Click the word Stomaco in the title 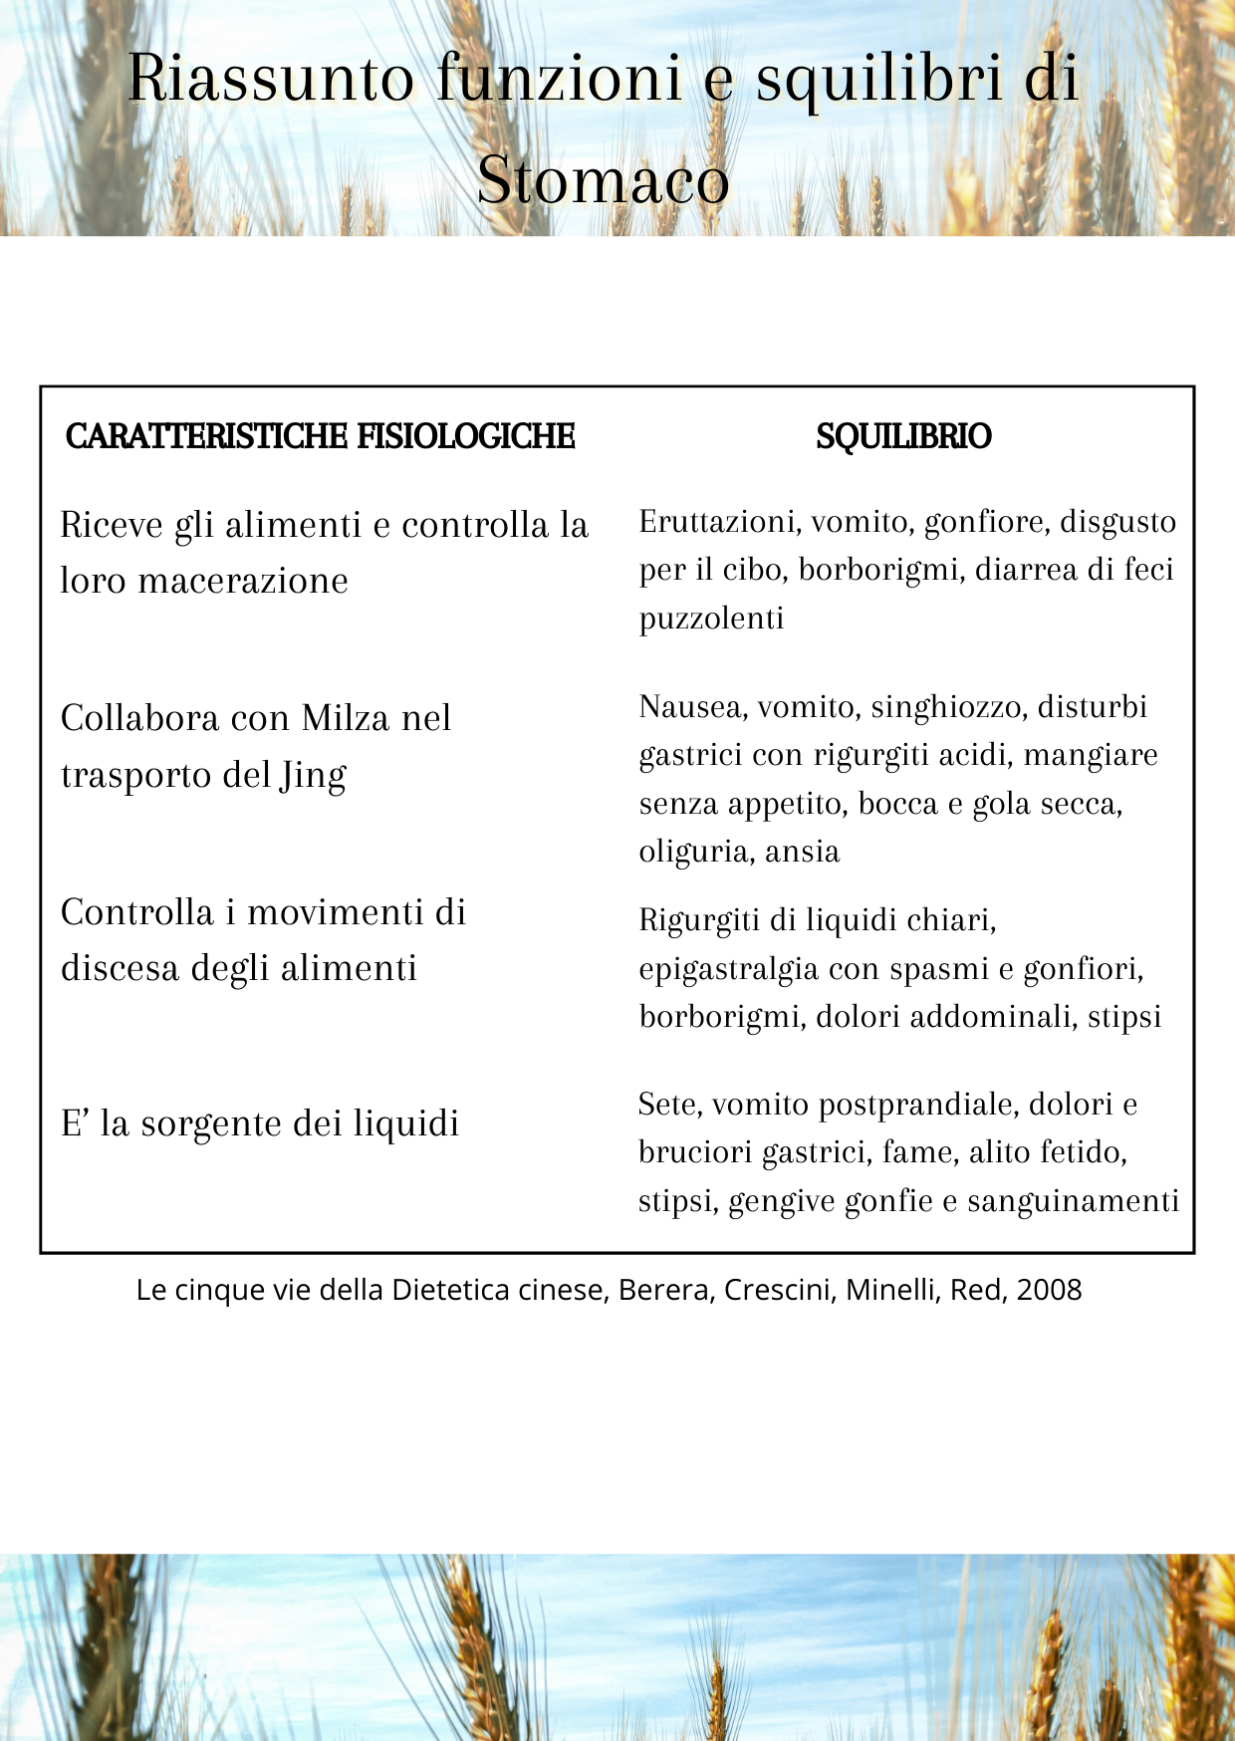tap(604, 180)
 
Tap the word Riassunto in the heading tap(270, 78)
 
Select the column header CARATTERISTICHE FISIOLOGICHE tap(320, 436)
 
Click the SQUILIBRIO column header tap(903, 436)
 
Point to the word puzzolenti tap(711, 619)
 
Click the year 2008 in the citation tap(1050, 1290)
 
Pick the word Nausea tap(692, 707)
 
